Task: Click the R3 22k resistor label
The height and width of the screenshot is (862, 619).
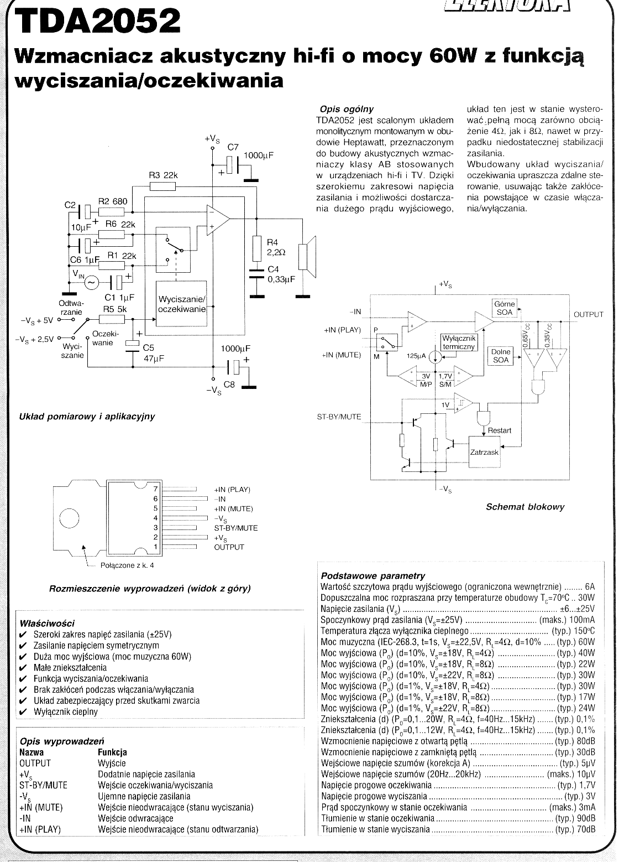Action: click(164, 175)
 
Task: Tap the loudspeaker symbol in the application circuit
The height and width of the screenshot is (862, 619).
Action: click(307, 257)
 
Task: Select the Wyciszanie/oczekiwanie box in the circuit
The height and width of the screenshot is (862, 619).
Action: click(182, 304)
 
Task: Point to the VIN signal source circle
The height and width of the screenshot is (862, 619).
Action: click(92, 283)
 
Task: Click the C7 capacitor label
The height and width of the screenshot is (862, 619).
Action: click(233, 147)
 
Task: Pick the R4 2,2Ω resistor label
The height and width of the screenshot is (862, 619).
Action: click(276, 247)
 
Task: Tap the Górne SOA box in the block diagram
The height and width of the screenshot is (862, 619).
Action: click(505, 308)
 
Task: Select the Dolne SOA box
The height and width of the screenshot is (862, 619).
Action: click(501, 356)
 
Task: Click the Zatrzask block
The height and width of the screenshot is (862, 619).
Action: click(485, 452)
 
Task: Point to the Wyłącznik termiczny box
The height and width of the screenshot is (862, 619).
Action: click(459, 342)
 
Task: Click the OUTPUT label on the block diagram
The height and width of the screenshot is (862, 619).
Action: click(588, 314)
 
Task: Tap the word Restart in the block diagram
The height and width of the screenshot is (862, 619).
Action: click(500, 430)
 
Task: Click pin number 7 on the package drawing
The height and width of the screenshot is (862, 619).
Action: click(155, 489)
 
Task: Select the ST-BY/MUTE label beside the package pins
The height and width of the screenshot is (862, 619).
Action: click(235, 528)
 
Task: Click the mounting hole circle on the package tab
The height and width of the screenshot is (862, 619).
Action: click(70, 518)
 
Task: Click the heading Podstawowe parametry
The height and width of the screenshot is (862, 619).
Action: click(373, 576)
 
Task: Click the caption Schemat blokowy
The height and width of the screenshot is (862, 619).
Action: click(525, 507)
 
